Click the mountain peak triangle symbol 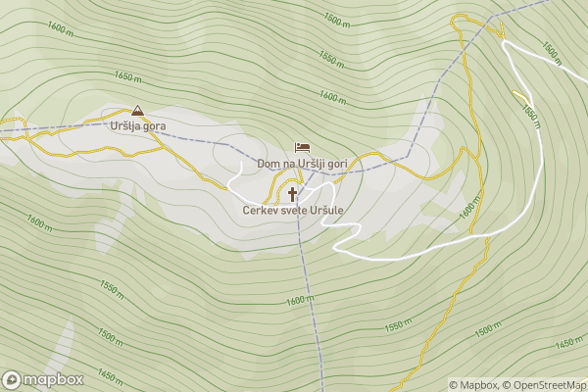pyautogui.click(x=137, y=112)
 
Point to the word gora pyautogui.click(x=154, y=127)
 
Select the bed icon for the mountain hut pyautogui.click(x=302, y=147)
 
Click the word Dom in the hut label pyautogui.click(x=268, y=163)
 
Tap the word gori pyautogui.click(x=339, y=163)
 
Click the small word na pyautogui.click(x=288, y=163)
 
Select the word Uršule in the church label pyautogui.click(x=329, y=211)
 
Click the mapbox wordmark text pyautogui.click(x=54, y=379)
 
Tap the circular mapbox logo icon pyautogui.click(x=12, y=379)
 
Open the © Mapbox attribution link pyautogui.click(x=474, y=385)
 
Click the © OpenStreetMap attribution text pyautogui.click(x=545, y=385)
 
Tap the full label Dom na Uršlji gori pyautogui.click(x=303, y=163)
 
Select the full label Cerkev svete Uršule pyautogui.click(x=295, y=211)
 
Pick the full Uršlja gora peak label pyautogui.click(x=138, y=126)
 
